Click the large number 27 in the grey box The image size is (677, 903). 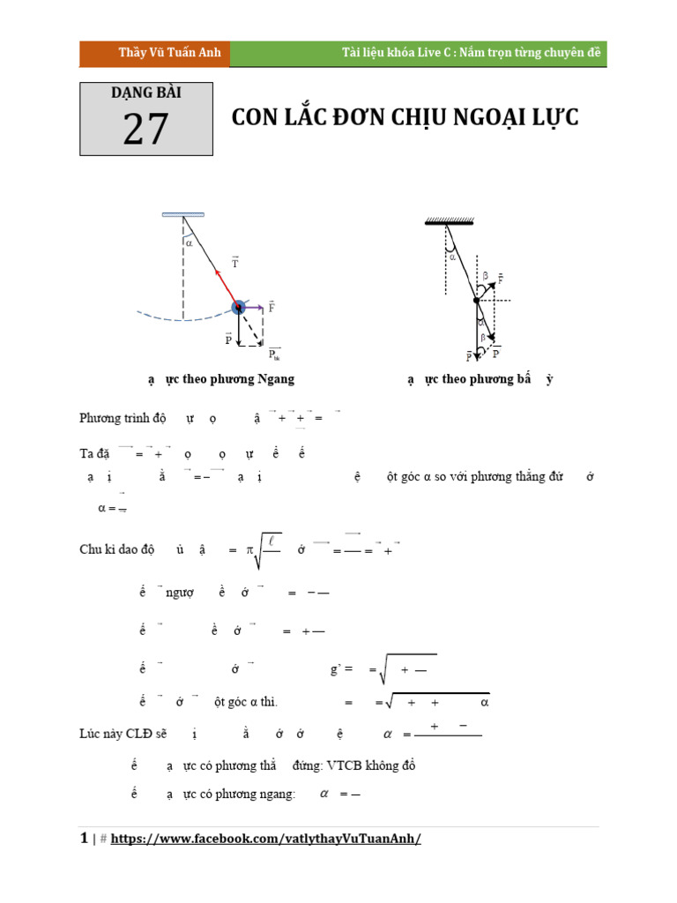point(145,130)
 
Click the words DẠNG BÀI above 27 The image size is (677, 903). point(146,93)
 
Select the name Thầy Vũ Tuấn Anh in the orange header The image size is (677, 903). point(157,54)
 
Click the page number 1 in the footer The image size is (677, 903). point(83,839)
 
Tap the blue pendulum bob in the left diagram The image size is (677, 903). point(238,307)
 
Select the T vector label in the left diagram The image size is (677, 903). point(235,262)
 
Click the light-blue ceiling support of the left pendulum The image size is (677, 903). point(183,214)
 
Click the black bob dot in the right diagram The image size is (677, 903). point(477,300)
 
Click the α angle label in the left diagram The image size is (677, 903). point(189,243)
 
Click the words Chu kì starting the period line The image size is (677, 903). point(96,550)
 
